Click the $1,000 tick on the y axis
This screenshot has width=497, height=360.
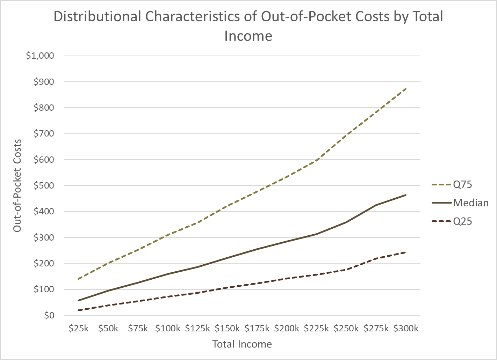(40, 56)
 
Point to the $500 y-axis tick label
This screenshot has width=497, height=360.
(44, 185)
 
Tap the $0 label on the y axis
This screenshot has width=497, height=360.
(49, 315)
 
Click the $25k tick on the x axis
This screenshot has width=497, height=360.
(79, 329)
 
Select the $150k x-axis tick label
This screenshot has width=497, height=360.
(227, 329)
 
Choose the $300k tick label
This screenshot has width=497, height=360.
(406, 329)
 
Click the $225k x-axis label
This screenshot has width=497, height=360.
(316, 329)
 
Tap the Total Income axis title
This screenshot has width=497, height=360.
(242, 344)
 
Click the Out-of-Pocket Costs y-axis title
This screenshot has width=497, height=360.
(17, 185)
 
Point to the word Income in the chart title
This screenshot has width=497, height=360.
(248, 36)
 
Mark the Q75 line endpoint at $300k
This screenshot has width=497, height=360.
(406, 89)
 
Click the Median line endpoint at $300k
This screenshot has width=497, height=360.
(406, 195)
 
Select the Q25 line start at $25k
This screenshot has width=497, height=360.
(79, 310)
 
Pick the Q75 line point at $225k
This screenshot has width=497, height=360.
(316, 161)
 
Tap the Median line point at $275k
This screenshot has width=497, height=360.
(376, 205)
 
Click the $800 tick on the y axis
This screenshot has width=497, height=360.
(44, 108)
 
